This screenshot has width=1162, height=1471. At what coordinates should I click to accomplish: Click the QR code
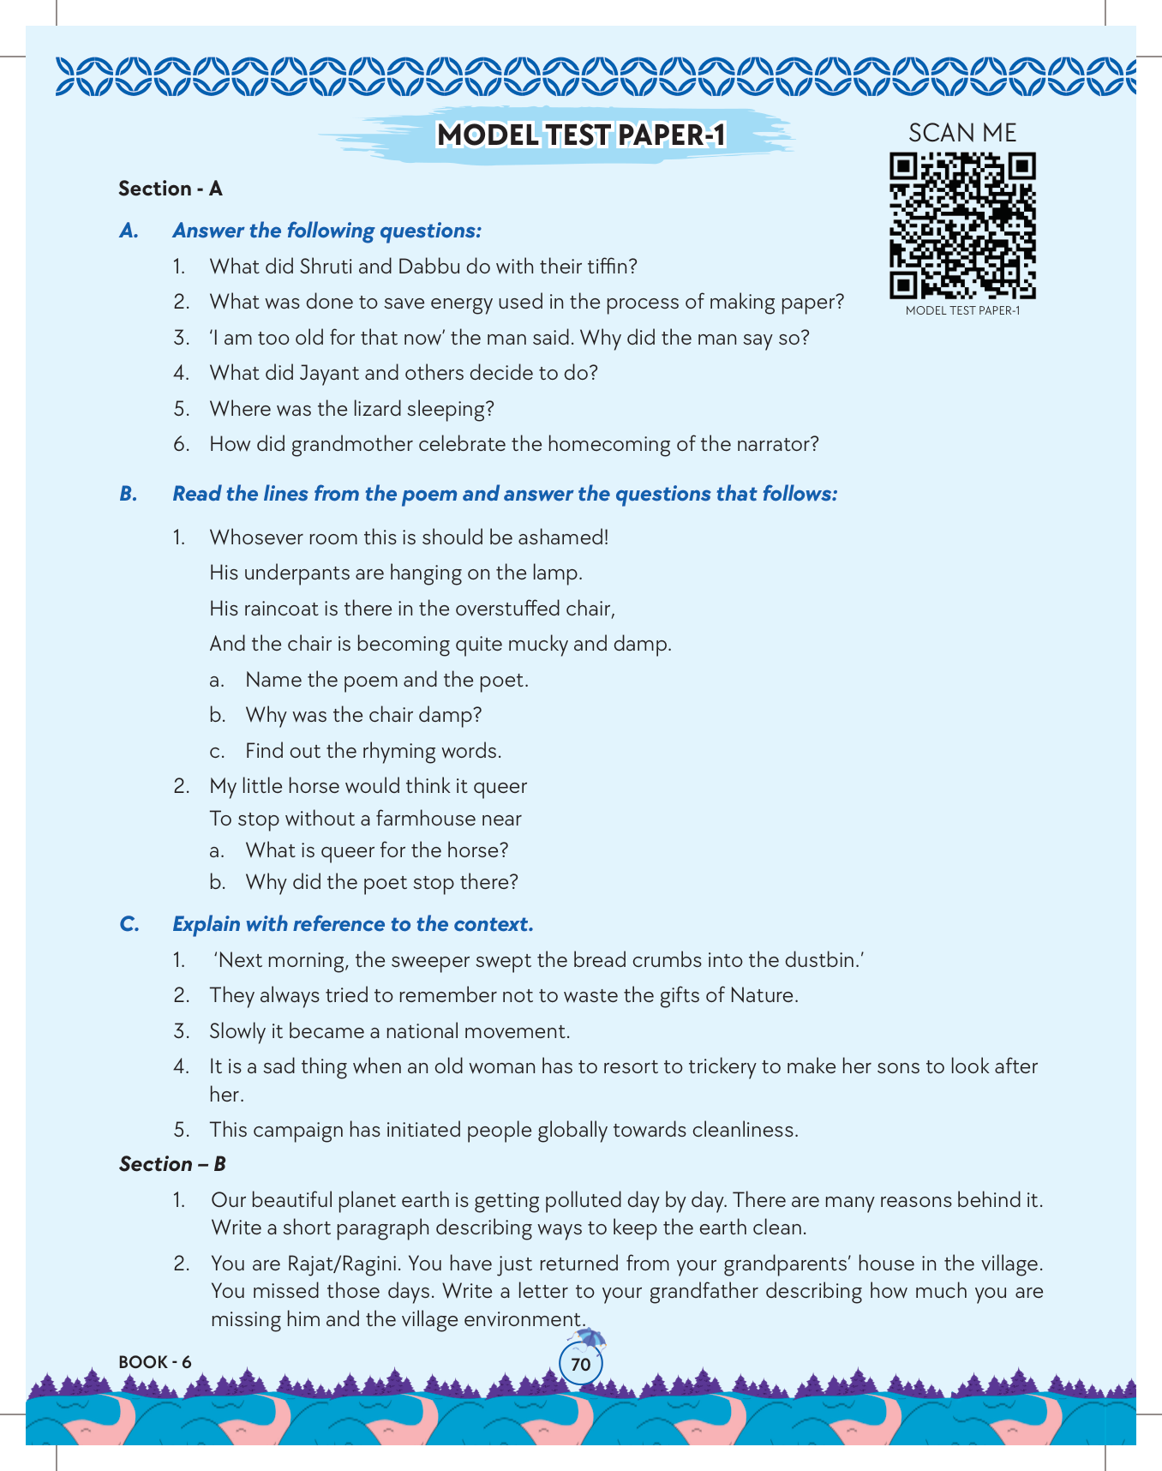(962, 225)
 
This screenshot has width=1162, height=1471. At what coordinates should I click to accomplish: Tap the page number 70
(580, 1364)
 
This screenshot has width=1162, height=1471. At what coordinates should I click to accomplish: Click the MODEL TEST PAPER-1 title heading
(581, 135)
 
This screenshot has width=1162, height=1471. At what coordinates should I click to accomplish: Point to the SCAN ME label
(962, 133)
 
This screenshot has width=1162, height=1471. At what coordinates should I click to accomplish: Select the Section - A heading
(171, 189)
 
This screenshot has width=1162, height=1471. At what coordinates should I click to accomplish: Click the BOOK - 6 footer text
(155, 1362)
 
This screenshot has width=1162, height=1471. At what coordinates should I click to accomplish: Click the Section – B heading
(172, 1164)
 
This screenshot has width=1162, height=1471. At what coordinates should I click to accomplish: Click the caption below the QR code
(962, 310)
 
